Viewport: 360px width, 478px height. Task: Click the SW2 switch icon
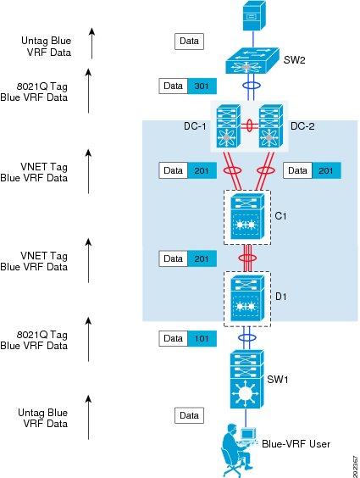click(252, 60)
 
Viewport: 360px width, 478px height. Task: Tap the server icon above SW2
click(254, 15)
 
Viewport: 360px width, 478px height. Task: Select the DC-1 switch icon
click(229, 126)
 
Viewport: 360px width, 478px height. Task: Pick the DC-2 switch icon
click(271, 126)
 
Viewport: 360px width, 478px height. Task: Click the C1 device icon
click(247, 217)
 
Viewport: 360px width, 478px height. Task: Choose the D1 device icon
click(247, 298)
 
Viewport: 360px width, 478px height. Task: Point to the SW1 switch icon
click(246, 380)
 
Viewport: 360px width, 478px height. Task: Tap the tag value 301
click(202, 86)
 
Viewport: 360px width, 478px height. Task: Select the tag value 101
click(202, 339)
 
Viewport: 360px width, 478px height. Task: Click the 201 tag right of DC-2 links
click(326, 170)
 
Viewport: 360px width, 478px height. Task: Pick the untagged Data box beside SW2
click(189, 42)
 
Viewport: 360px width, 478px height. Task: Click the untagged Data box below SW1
click(189, 415)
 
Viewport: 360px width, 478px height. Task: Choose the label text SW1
click(278, 380)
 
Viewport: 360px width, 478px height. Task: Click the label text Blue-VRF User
click(296, 444)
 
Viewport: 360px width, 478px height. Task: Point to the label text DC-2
click(302, 126)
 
